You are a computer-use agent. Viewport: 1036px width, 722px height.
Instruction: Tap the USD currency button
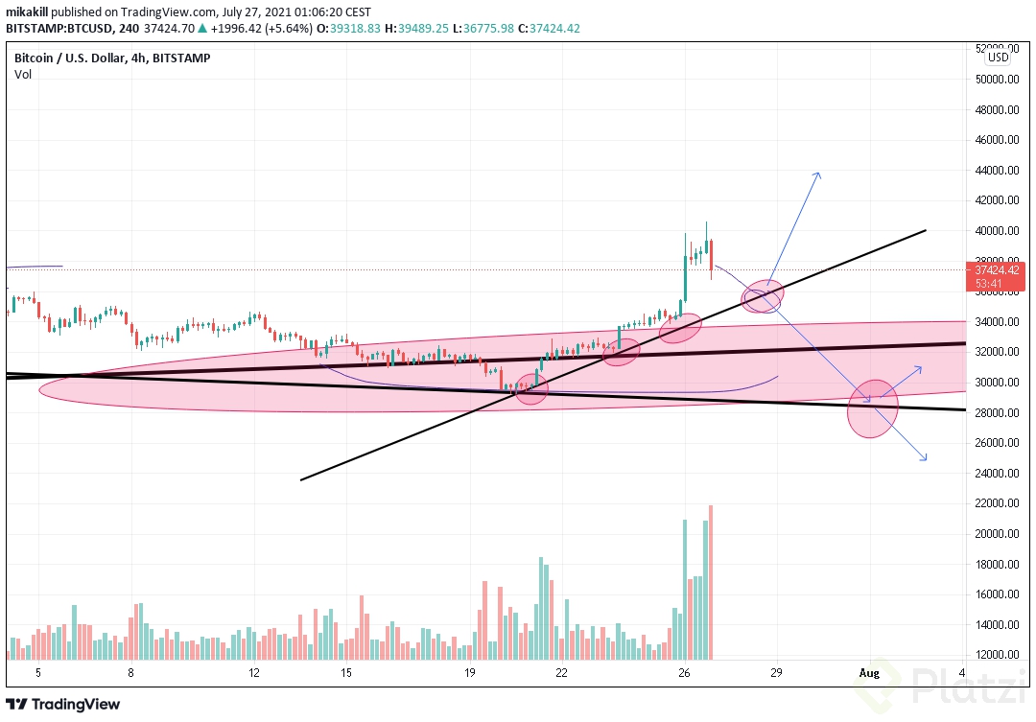(x=999, y=57)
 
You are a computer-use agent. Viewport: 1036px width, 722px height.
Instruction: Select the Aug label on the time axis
(x=868, y=673)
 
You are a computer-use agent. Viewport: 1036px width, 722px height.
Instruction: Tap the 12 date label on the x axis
(x=254, y=673)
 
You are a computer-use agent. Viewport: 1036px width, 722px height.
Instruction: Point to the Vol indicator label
(x=22, y=75)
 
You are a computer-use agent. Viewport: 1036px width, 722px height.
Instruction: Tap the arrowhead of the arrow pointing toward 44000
(x=817, y=175)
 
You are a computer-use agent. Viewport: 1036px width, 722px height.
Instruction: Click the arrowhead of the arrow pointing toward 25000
(x=925, y=459)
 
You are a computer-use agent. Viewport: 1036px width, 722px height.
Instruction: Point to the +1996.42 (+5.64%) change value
(x=229, y=28)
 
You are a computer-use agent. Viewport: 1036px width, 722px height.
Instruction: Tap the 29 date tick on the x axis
(x=775, y=673)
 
